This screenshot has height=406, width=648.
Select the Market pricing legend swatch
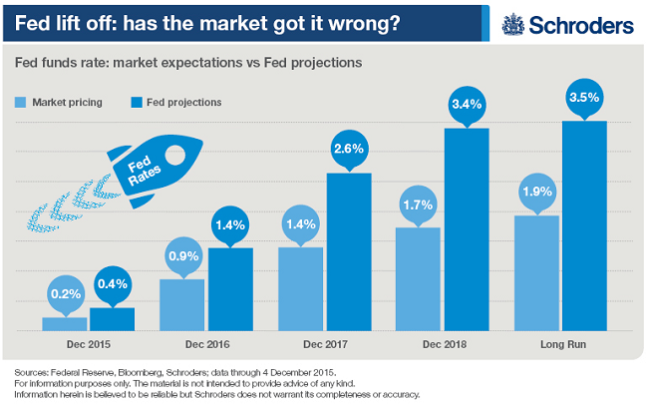click(21, 102)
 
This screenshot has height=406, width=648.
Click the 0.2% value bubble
click(64, 295)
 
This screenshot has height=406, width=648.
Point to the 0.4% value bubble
click(112, 284)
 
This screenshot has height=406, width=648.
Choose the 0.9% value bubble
click(182, 255)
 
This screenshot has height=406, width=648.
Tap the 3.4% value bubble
click(466, 104)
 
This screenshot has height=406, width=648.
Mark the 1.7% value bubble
click(418, 204)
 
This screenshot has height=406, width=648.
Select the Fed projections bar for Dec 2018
click(466, 229)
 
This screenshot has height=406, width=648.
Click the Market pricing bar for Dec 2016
click(182, 305)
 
